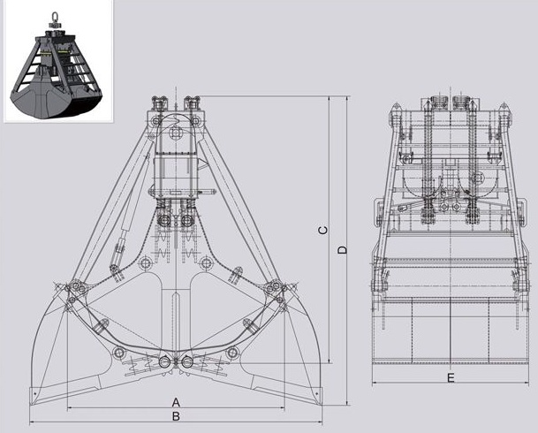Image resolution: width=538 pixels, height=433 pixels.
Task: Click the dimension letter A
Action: click(x=176, y=402)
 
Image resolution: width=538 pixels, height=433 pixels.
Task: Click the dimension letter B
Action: click(x=176, y=416)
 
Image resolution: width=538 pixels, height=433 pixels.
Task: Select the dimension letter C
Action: click(x=323, y=231)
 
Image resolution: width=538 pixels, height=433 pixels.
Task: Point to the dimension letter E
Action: click(x=451, y=378)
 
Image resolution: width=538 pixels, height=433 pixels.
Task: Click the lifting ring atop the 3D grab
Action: click(x=54, y=17)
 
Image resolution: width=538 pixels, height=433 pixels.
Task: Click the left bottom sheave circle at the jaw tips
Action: click(x=165, y=362)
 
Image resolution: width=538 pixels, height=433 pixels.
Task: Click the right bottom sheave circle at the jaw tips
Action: click(x=187, y=362)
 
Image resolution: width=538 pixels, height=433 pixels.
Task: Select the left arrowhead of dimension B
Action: click(x=33, y=422)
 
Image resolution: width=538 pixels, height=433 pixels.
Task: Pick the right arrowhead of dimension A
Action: click(x=283, y=408)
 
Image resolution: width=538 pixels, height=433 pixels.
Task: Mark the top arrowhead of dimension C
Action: click(x=330, y=99)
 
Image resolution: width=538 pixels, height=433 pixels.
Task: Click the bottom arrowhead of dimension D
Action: click(x=347, y=402)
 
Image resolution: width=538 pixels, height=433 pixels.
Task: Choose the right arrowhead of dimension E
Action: click(x=526, y=383)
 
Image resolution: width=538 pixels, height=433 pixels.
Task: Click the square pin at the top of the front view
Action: click(x=176, y=133)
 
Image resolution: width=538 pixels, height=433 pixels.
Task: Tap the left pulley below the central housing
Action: click(x=164, y=220)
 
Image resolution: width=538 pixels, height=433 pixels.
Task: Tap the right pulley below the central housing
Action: click(x=186, y=220)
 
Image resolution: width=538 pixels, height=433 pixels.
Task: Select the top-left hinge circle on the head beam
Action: click(x=156, y=121)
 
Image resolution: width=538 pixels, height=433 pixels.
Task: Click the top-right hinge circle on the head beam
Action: click(x=195, y=121)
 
